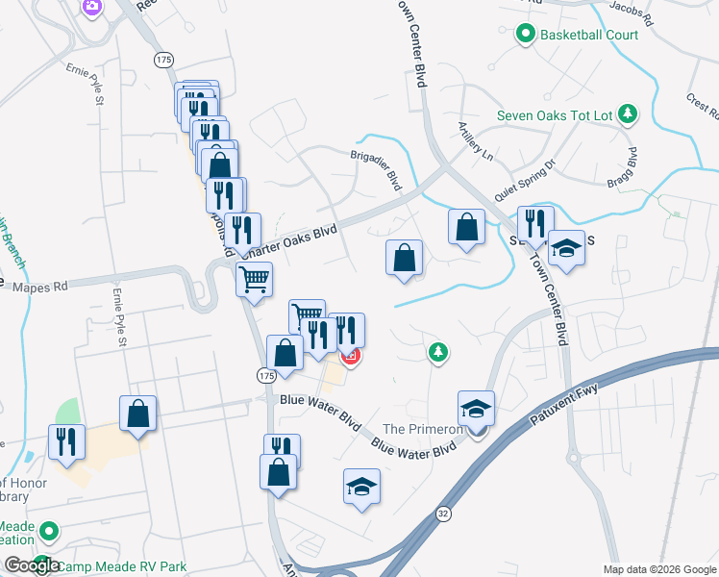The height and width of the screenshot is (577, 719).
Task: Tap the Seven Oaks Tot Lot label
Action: click(x=555, y=115)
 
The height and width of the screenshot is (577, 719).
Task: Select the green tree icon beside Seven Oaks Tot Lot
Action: click(x=628, y=115)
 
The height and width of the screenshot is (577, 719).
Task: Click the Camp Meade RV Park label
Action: click(x=122, y=566)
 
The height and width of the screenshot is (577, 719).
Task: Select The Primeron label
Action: click(x=420, y=429)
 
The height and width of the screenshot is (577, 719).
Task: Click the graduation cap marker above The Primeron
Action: click(x=476, y=408)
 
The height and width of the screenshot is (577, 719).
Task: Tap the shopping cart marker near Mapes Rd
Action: click(x=254, y=280)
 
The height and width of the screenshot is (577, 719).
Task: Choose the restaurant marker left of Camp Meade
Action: click(x=66, y=440)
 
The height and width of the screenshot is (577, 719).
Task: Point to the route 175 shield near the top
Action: click(x=163, y=60)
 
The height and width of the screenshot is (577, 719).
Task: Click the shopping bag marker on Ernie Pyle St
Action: click(x=138, y=413)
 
